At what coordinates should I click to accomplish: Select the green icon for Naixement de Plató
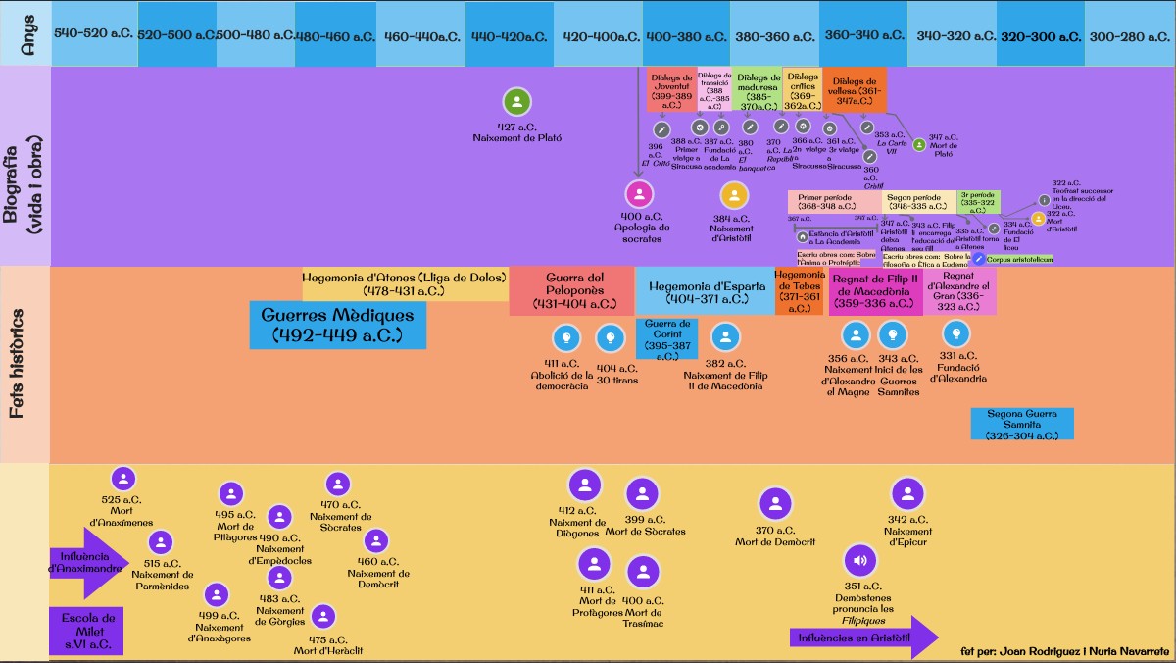(x=516, y=102)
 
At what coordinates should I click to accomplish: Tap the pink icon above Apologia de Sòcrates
(x=639, y=193)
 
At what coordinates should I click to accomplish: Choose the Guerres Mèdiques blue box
(x=337, y=325)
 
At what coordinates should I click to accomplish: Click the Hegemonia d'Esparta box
(x=704, y=291)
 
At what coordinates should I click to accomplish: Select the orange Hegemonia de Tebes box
(x=799, y=291)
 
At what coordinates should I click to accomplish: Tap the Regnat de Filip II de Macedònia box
(x=875, y=291)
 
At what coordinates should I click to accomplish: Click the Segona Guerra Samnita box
(x=1022, y=424)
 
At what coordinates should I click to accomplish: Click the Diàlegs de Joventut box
(x=671, y=89)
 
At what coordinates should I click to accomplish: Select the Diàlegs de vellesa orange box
(x=855, y=89)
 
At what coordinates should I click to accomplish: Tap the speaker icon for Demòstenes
(x=859, y=562)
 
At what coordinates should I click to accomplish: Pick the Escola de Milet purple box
(x=87, y=631)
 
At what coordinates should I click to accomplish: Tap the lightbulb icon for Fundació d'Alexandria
(x=955, y=334)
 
